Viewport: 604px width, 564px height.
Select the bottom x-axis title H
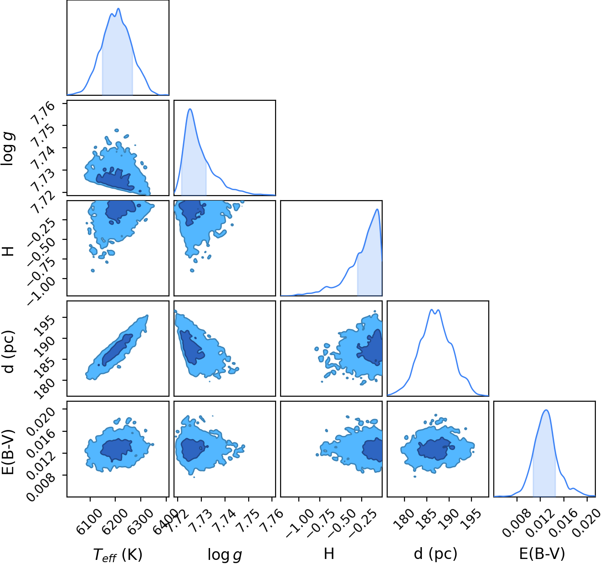pos(329,554)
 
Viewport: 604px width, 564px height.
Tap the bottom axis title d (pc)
pos(435,554)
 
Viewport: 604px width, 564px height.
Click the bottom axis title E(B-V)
pos(542,554)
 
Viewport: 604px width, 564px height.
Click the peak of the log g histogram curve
pos(190,109)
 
